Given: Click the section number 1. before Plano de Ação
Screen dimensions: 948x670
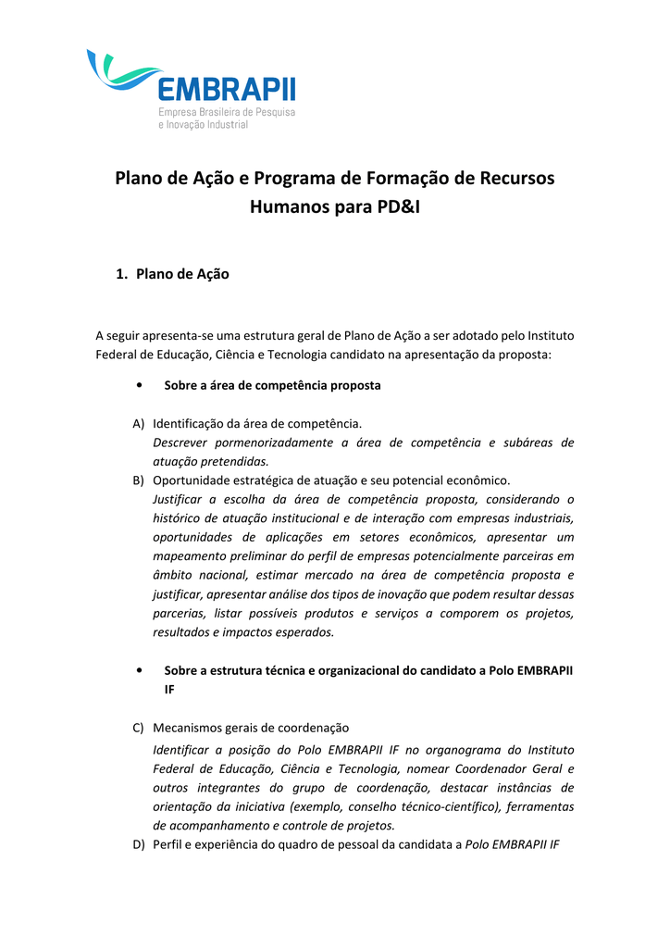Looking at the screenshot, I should (120, 274).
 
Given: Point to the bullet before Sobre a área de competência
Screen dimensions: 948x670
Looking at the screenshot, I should (138, 385).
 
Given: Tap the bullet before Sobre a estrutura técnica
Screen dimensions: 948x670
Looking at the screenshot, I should (138, 669).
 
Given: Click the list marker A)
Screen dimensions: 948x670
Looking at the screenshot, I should (139, 423).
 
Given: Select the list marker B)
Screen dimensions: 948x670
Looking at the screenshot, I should (139, 480).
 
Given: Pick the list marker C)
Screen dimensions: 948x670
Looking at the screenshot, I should (139, 728).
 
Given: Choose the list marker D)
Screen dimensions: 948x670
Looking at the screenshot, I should (139, 844).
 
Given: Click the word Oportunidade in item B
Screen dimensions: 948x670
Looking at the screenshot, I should (195, 480).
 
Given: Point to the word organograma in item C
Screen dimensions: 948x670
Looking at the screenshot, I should (439, 749).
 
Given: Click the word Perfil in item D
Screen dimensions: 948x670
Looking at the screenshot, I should (168, 844).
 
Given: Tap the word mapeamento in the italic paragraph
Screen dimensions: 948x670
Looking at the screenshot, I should (192, 556).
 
